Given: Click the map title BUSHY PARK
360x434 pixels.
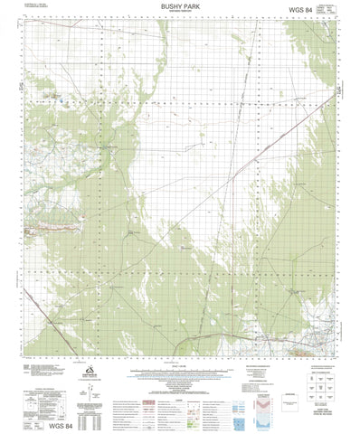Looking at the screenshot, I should (x=180, y=6).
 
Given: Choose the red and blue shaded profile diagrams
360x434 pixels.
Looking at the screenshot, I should (x=260, y=397).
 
